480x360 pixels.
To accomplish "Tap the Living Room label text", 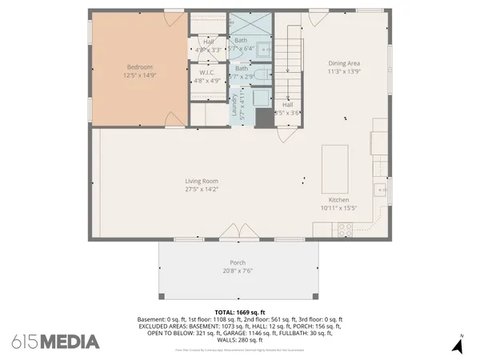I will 202,181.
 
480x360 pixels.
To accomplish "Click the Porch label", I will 238,262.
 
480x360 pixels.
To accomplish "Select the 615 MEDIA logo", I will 55,342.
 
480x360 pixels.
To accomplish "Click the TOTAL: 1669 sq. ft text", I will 240,311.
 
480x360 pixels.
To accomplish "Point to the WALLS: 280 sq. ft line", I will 240,338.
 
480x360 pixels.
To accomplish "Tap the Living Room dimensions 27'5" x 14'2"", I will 202,190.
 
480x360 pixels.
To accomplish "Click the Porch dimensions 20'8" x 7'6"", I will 238,270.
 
